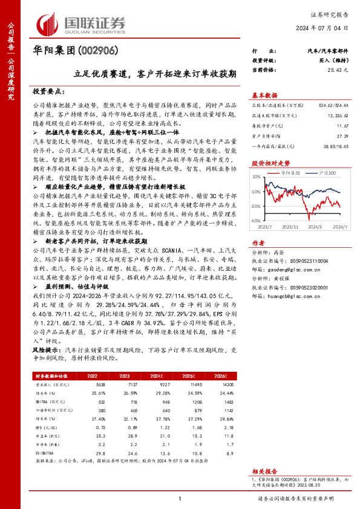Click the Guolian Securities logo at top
(x=82, y=23)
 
